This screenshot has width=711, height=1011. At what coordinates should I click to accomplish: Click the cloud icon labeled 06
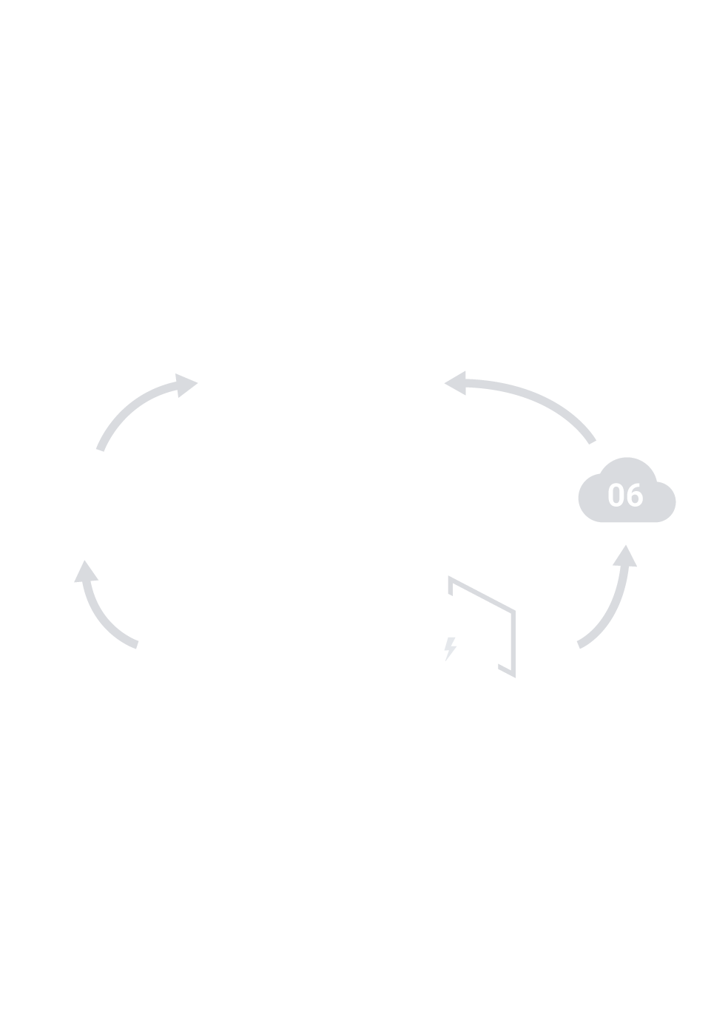click(x=626, y=494)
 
